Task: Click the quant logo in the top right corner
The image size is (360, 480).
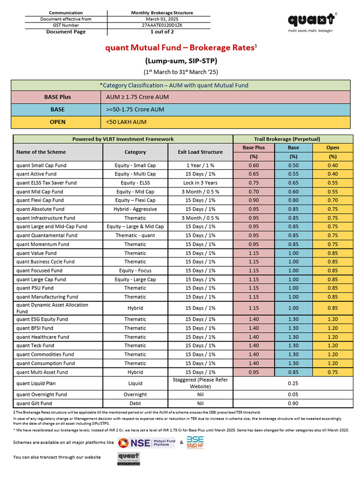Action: click(312, 20)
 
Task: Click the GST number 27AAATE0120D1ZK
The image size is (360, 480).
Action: click(159, 25)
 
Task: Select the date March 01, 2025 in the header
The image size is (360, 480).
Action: click(159, 19)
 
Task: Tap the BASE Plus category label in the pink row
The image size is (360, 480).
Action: click(58, 97)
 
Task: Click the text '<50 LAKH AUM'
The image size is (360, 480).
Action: click(127, 122)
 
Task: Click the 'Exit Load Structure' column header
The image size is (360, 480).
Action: click(200, 152)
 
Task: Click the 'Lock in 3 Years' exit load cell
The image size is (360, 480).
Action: click(200, 183)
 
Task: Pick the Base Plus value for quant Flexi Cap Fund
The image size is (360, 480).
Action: click(254, 200)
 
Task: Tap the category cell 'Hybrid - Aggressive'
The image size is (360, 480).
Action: click(135, 209)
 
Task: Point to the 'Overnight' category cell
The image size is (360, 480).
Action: click(135, 395)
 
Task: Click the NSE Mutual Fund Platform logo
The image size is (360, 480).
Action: click(146, 442)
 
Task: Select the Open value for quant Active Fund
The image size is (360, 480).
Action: click(333, 174)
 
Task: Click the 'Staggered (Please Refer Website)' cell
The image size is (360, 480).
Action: click(200, 383)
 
